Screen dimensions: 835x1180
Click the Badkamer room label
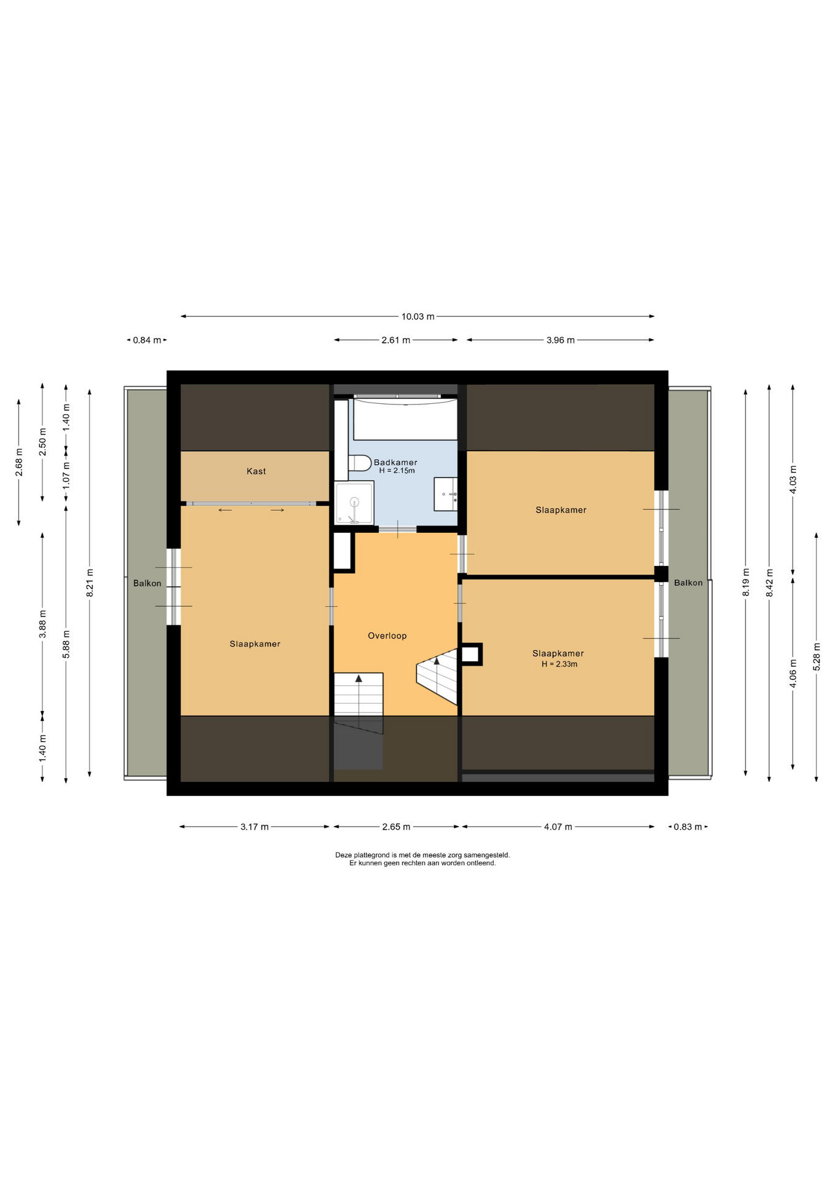click(395, 462)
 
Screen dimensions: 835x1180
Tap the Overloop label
click(387, 635)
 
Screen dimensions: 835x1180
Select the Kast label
click(256, 471)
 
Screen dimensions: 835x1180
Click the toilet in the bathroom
click(360, 463)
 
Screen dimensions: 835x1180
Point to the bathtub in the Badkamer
click(405, 419)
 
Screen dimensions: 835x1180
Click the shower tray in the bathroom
click(354, 503)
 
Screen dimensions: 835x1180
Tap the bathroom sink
click(446, 494)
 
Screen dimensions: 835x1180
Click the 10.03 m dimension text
click(418, 317)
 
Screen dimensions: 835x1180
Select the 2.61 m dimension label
click(396, 340)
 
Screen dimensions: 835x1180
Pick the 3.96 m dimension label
click(561, 340)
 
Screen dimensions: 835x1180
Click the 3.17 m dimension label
click(255, 827)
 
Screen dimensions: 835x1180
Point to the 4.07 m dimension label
click(558, 827)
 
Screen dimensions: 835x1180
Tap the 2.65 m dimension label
click(396, 827)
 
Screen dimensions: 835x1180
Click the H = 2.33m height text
click(560, 664)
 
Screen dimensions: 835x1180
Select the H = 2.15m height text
click(397, 471)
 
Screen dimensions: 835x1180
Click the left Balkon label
click(148, 583)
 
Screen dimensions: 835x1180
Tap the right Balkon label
click(688, 583)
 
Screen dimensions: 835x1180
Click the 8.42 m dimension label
click(769, 582)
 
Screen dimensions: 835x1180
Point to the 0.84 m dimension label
click(147, 340)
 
